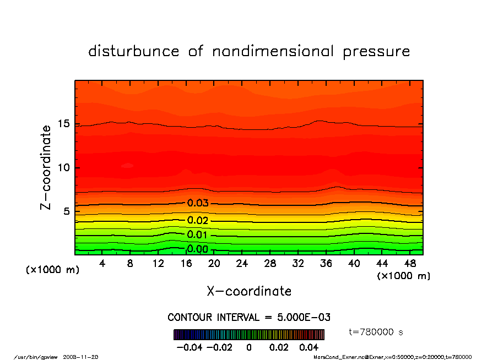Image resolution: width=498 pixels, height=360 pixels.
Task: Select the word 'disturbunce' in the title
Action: click(x=134, y=52)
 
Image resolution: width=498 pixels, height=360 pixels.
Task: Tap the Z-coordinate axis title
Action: click(x=46, y=167)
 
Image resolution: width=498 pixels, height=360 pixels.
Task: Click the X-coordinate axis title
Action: click(x=249, y=291)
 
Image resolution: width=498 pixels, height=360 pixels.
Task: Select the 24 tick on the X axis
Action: click(x=242, y=264)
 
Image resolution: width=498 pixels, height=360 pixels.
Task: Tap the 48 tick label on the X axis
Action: click(x=410, y=264)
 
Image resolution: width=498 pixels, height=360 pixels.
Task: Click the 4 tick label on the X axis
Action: click(x=102, y=264)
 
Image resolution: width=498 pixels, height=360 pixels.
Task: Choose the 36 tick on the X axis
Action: click(x=326, y=264)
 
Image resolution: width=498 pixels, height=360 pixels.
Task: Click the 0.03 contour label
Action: click(x=198, y=203)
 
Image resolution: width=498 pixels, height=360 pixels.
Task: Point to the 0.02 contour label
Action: click(x=198, y=221)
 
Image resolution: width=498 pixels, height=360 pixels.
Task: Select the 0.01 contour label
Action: click(x=198, y=235)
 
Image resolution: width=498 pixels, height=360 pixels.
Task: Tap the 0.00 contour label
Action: click(x=198, y=249)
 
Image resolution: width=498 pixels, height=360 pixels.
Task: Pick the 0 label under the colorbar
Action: click(x=249, y=348)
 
